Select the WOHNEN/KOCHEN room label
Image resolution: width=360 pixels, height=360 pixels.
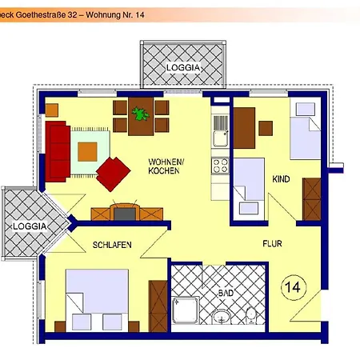[x=166, y=166]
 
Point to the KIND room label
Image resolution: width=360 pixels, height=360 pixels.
[x=281, y=178]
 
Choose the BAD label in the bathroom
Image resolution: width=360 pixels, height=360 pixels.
[x=227, y=294]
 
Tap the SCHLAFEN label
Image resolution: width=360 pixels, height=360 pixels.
[x=111, y=245]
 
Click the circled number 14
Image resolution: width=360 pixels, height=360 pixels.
[x=292, y=285]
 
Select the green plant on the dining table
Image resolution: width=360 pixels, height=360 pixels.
[x=142, y=113]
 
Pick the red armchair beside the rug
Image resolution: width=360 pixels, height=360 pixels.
[x=114, y=172]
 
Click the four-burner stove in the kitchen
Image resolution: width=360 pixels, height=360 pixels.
[x=219, y=166]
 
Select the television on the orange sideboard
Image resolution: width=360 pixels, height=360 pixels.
[x=125, y=212]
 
